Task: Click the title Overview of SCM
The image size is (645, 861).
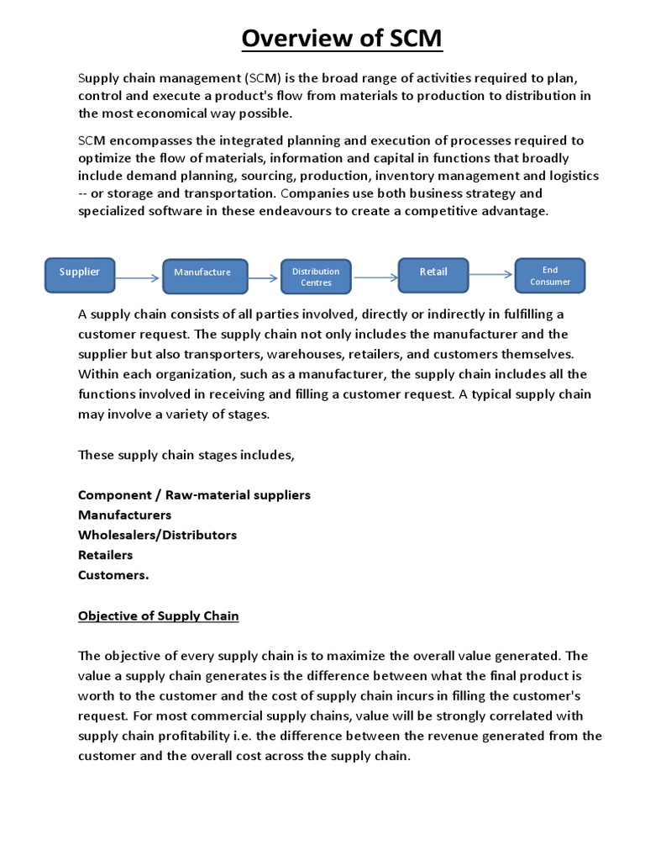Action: pos(342,39)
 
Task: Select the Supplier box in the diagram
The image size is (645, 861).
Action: pos(80,275)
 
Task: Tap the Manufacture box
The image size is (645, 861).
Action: pos(205,276)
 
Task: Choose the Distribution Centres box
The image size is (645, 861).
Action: pos(316,277)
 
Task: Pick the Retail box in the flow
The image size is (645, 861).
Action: pos(434,274)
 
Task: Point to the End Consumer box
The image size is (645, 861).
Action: pos(549,276)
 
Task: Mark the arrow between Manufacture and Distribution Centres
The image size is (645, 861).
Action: pos(264,277)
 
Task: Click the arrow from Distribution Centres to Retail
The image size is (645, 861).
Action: pos(375,277)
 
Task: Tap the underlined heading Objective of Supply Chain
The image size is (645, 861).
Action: pos(159,616)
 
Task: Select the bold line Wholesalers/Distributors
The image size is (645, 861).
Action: pos(157,535)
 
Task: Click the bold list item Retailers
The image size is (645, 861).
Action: pos(106,555)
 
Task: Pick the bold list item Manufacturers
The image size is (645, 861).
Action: pos(124,515)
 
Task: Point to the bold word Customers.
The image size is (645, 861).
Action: pos(113,576)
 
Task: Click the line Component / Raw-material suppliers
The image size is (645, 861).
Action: pos(194,494)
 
